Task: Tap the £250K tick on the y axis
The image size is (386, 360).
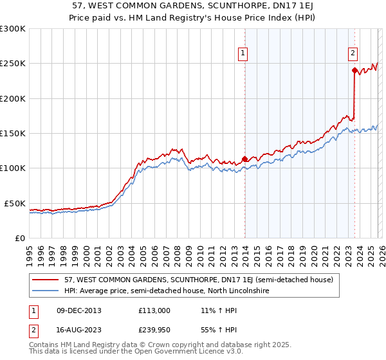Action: pyautogui.click(x=12, y=64)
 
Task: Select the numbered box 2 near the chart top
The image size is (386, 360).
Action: pyautogui.click(x=353, y=54)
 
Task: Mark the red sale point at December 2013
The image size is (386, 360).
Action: pyautogui.click(x=244, y=159)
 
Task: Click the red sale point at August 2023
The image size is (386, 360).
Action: pyautogui.click(x=354, y=71)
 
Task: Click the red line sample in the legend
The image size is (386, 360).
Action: pyautogui.click(x=46, y=280)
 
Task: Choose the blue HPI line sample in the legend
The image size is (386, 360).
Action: pyautogui.click(x=46, y=291)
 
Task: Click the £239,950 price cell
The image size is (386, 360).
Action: pyautogui.click(x=153, y=331)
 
